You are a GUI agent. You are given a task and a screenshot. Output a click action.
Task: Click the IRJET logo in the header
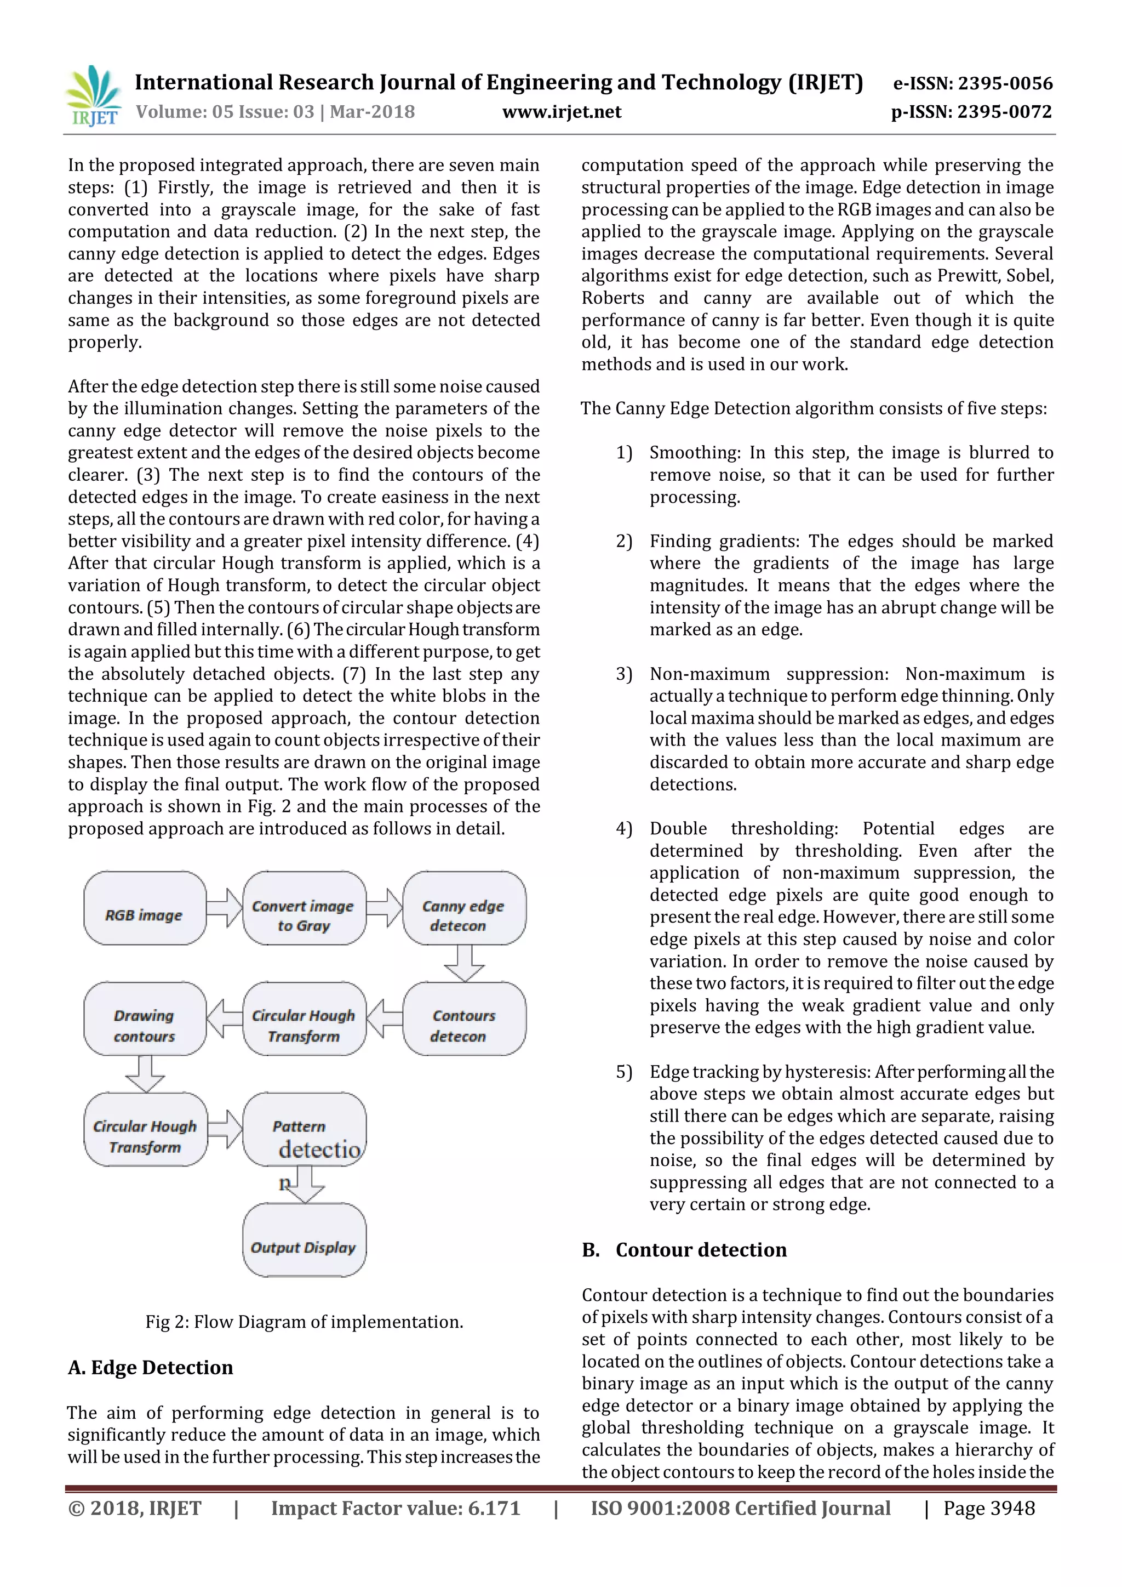tap(93, 95)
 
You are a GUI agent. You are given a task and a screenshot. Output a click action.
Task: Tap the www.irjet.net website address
tap(561, 112)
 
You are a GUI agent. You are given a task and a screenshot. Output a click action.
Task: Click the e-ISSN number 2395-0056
tap(973, 84)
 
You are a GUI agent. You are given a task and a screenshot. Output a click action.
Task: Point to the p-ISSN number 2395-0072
tap(971, 112)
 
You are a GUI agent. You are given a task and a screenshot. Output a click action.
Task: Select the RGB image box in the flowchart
tap(145, 908)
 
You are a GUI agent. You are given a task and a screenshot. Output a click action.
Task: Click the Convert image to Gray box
tap(304, 908)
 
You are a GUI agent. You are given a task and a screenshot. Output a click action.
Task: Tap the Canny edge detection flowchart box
tap(463, 908)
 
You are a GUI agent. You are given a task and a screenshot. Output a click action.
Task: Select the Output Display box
tap(304, 1240)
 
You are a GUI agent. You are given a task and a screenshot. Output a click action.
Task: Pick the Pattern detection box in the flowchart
tap(304, 1129)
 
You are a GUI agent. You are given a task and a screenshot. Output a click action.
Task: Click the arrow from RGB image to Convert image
tap(225, 908)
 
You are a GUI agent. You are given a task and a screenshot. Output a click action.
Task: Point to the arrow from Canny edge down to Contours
tap(463, 963)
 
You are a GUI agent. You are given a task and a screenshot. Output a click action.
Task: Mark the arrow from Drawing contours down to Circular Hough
tap(145, 1073)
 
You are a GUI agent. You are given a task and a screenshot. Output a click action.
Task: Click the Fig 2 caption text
tap(304, 1322)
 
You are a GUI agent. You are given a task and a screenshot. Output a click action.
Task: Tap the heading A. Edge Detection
tap(151, 1368)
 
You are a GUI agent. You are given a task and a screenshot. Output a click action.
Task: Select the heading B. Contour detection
tap(684, 1250)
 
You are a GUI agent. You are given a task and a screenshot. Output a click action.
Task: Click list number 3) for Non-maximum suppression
tap(624, 674)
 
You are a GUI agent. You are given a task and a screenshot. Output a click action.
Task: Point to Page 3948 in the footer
tap(989, 1508)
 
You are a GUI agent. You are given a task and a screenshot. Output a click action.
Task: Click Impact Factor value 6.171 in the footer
tap(395, 1508)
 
